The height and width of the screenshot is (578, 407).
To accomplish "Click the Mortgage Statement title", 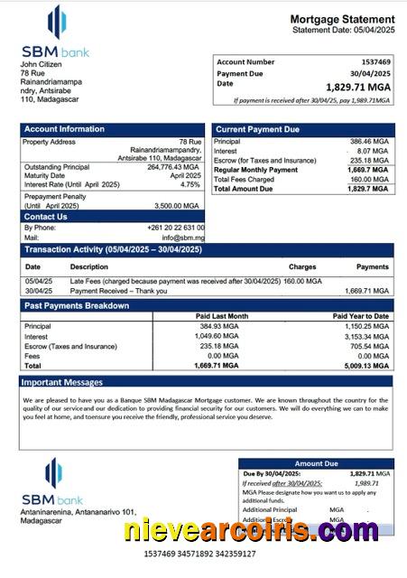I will [342, 19].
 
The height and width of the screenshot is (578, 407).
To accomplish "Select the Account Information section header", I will [64, 129].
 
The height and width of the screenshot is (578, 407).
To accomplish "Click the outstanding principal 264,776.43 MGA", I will [172, 167].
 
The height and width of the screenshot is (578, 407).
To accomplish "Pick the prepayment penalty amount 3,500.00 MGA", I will [179, 204].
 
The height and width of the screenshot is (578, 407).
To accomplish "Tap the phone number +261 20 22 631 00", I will [175, 228].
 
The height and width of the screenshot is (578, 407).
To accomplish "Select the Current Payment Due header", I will [257, 129].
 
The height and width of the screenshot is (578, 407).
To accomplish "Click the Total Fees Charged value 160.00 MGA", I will [368, 179].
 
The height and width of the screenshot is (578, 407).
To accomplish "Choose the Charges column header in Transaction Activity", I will [302, 267].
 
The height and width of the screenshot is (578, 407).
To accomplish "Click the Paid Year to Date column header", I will [361, 316].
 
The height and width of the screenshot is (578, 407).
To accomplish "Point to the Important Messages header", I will [63, 383].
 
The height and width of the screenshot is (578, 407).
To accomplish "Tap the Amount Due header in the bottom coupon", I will [315, 463].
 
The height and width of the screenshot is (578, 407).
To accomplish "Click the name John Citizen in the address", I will [45, 63].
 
